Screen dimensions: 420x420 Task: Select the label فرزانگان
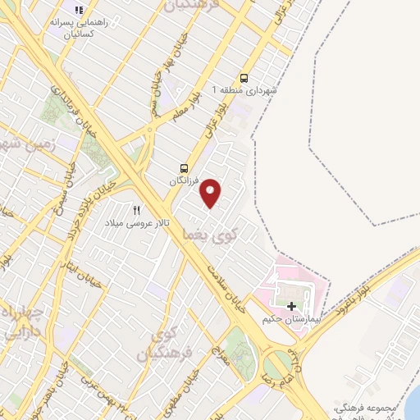185,179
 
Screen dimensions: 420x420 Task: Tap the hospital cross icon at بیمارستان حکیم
291,306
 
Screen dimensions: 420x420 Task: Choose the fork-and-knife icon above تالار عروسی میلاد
137,210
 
